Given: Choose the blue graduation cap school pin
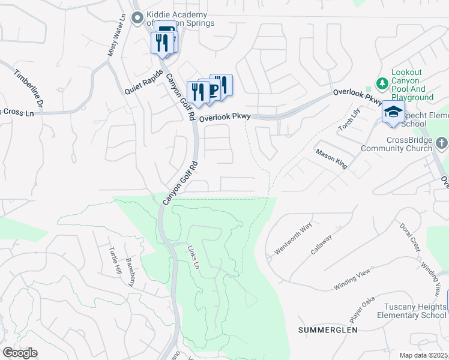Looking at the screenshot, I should pos(393,113).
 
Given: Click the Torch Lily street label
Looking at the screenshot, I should pos(348,119).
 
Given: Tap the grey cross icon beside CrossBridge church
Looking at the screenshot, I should pos(442,143).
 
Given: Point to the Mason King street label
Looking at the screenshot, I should pos(332,159).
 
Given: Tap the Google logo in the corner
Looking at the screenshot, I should pos(20,353).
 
